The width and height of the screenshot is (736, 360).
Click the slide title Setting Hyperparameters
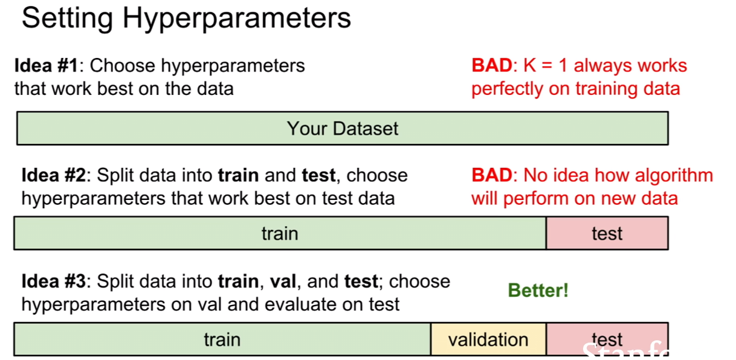(186, 19)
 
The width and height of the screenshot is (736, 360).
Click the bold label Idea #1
(46, 65)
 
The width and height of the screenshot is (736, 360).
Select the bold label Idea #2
(53, 175)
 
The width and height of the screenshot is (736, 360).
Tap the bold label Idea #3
(53, 281)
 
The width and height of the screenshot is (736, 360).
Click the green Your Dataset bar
(343, 128)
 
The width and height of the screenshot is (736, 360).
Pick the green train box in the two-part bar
(280, 233)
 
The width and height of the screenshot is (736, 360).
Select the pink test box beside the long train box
(607, 233)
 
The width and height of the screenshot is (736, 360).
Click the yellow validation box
(488, 339)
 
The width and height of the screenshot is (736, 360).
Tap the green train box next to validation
(222, 339)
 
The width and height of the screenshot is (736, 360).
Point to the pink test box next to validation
(607, 339)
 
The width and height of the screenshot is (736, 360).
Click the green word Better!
(538, 291)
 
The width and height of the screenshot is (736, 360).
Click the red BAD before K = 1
(492, 65)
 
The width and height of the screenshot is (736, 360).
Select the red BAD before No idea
(492, 175)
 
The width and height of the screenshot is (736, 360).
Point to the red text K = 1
(546, 65)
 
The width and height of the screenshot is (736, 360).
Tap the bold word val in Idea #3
(283, 281)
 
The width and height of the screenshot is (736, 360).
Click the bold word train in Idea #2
(238, 175)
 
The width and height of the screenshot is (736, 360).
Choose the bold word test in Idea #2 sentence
(318, 175)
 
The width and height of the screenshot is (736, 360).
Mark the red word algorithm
(674, 176)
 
